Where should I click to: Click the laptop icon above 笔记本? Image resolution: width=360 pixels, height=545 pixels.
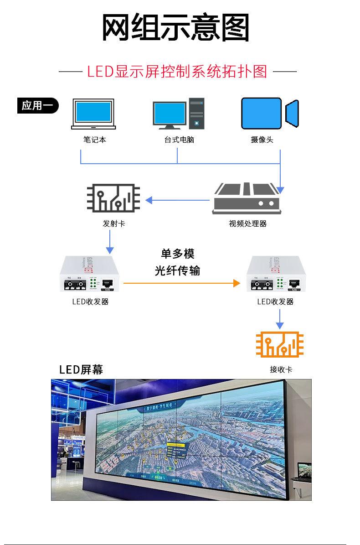tap(93, 114)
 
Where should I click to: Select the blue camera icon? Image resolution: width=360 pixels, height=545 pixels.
tap(269, 113)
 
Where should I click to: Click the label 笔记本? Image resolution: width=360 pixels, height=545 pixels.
tap(95, 140)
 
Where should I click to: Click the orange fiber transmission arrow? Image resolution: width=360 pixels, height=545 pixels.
tap(181, 283)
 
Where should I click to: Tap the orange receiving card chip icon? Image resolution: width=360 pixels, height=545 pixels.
tap(280, 344)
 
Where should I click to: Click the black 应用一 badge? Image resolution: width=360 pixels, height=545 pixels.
tap(38, 106)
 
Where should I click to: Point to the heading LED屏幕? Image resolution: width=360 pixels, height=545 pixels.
tap(81, 369)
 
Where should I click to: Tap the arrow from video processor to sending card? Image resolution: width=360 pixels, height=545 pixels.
tap(178, 200)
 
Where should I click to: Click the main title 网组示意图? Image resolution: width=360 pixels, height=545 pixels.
tap(175, 28)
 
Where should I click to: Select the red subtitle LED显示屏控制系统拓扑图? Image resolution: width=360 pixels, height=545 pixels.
tap(177, 72)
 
